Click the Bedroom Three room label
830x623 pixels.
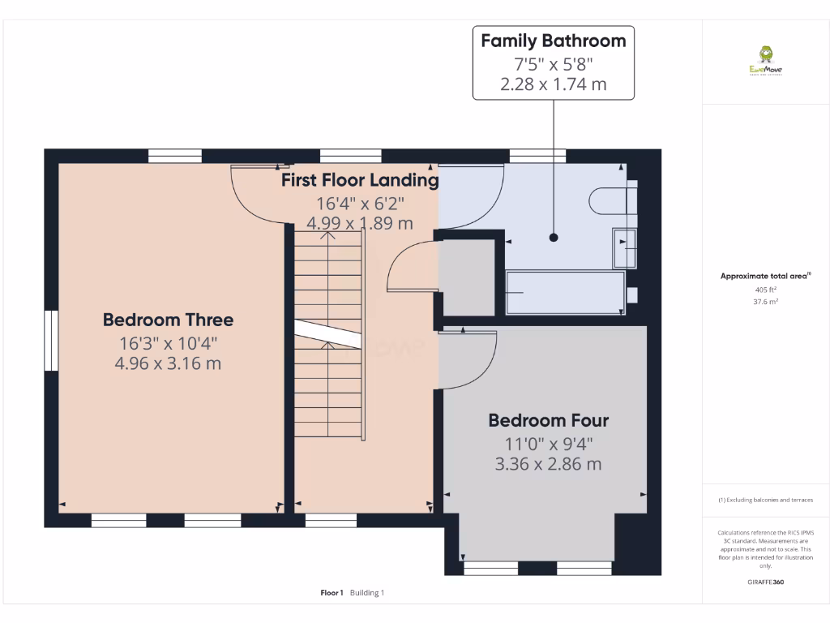tap(168, 320)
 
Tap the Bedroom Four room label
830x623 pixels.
tap(548, 420)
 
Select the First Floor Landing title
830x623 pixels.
tap(360, 180)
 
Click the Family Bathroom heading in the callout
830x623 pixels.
tap(554, 41)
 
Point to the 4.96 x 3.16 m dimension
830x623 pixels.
tap(168, 363)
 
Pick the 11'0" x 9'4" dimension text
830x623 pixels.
tap(548, 444)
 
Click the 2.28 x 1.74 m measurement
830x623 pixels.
tap(554, 84)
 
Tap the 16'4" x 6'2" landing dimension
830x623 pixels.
tap(360, 203)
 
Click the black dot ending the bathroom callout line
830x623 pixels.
tap(554, 238)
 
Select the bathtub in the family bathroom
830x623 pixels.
tap(565, 293)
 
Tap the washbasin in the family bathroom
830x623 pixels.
tap(624, 247)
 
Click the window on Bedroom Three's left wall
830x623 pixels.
tap(52, 341)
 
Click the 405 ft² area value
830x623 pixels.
tap(765, 290)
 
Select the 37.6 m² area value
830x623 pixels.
tap(765, 301)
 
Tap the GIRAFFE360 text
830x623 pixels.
tap(765, 582)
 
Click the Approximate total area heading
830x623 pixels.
tap(764, 277)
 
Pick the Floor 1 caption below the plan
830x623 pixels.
tap(332, 593)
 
